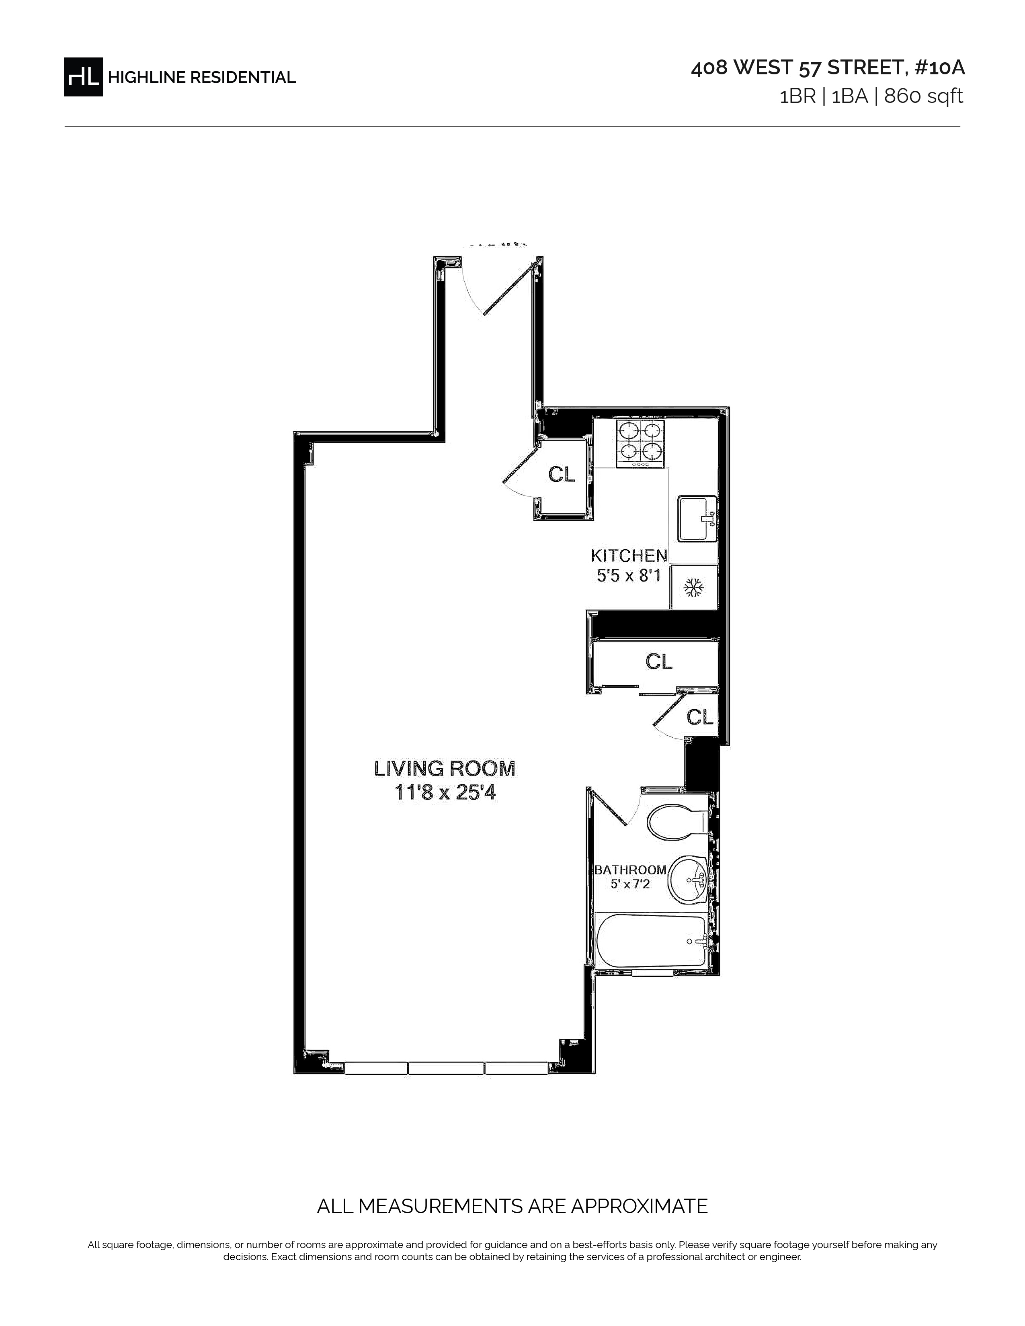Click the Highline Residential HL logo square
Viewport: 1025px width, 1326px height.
coord(83,76)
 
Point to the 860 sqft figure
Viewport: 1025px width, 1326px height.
coord(924,96)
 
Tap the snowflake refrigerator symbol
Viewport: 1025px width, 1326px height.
coord(693,587)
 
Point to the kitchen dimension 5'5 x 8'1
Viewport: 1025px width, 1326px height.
coord(629,575)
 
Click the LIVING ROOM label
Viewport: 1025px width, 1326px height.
coord(445,769)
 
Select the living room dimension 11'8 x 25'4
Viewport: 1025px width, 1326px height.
coord(445,792)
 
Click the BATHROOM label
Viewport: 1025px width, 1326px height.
coord(630,870)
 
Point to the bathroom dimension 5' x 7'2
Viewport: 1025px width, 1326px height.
coord(630,884)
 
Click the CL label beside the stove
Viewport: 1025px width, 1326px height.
coord(562,474)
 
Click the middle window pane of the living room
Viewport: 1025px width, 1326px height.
coord(446,1068)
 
